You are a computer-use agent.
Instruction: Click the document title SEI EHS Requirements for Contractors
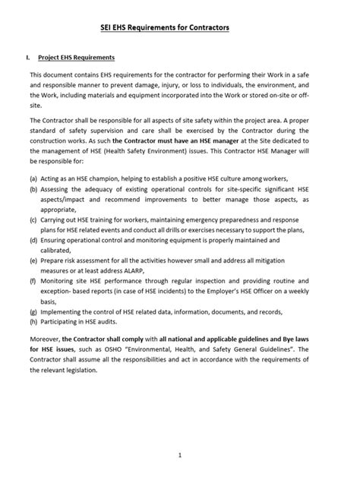pos(165,27)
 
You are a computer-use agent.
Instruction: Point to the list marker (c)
pos(35,218)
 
